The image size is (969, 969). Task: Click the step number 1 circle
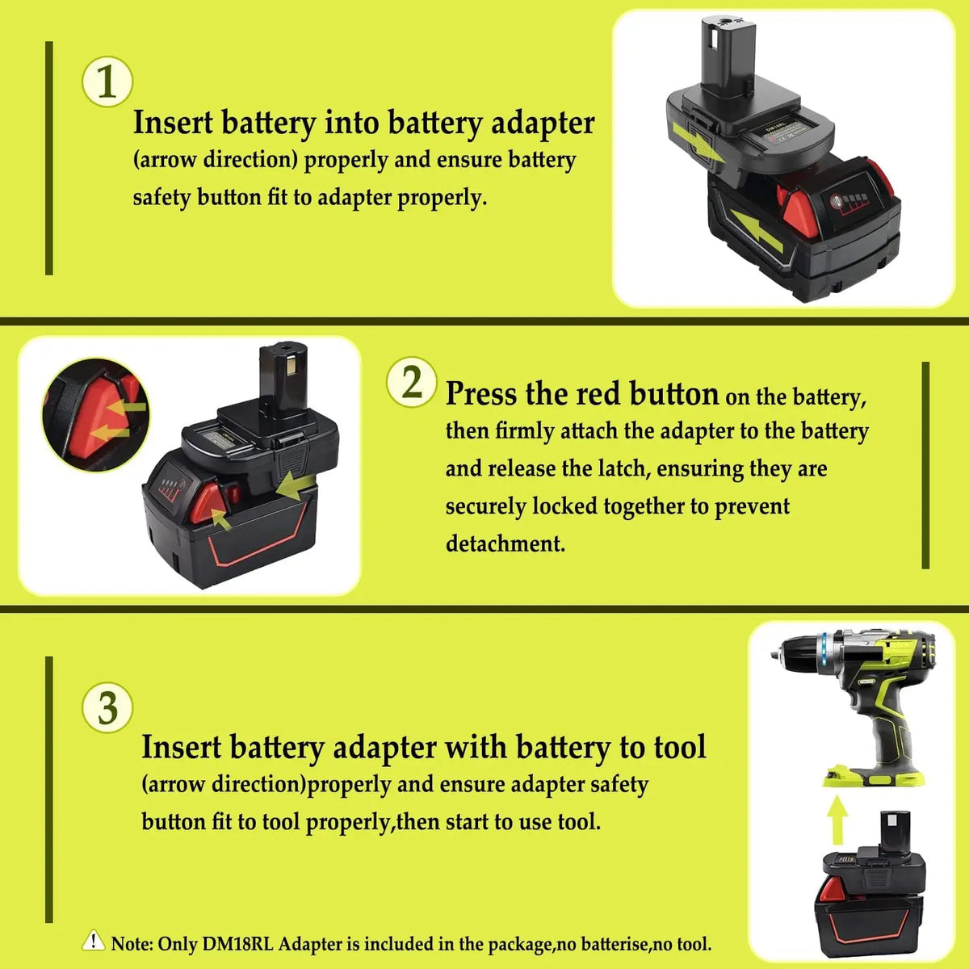coord(107,82)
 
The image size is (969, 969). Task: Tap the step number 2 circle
coord(411,382)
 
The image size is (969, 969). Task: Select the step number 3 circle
coord(107,707)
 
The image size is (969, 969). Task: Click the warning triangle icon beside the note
coord(93,941)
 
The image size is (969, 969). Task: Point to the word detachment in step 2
coord(505,543)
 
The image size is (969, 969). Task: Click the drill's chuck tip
coord(775,655)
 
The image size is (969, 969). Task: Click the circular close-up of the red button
coord(95,415)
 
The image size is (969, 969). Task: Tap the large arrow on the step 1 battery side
coord(756,231)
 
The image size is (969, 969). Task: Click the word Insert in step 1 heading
coord(173,122)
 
